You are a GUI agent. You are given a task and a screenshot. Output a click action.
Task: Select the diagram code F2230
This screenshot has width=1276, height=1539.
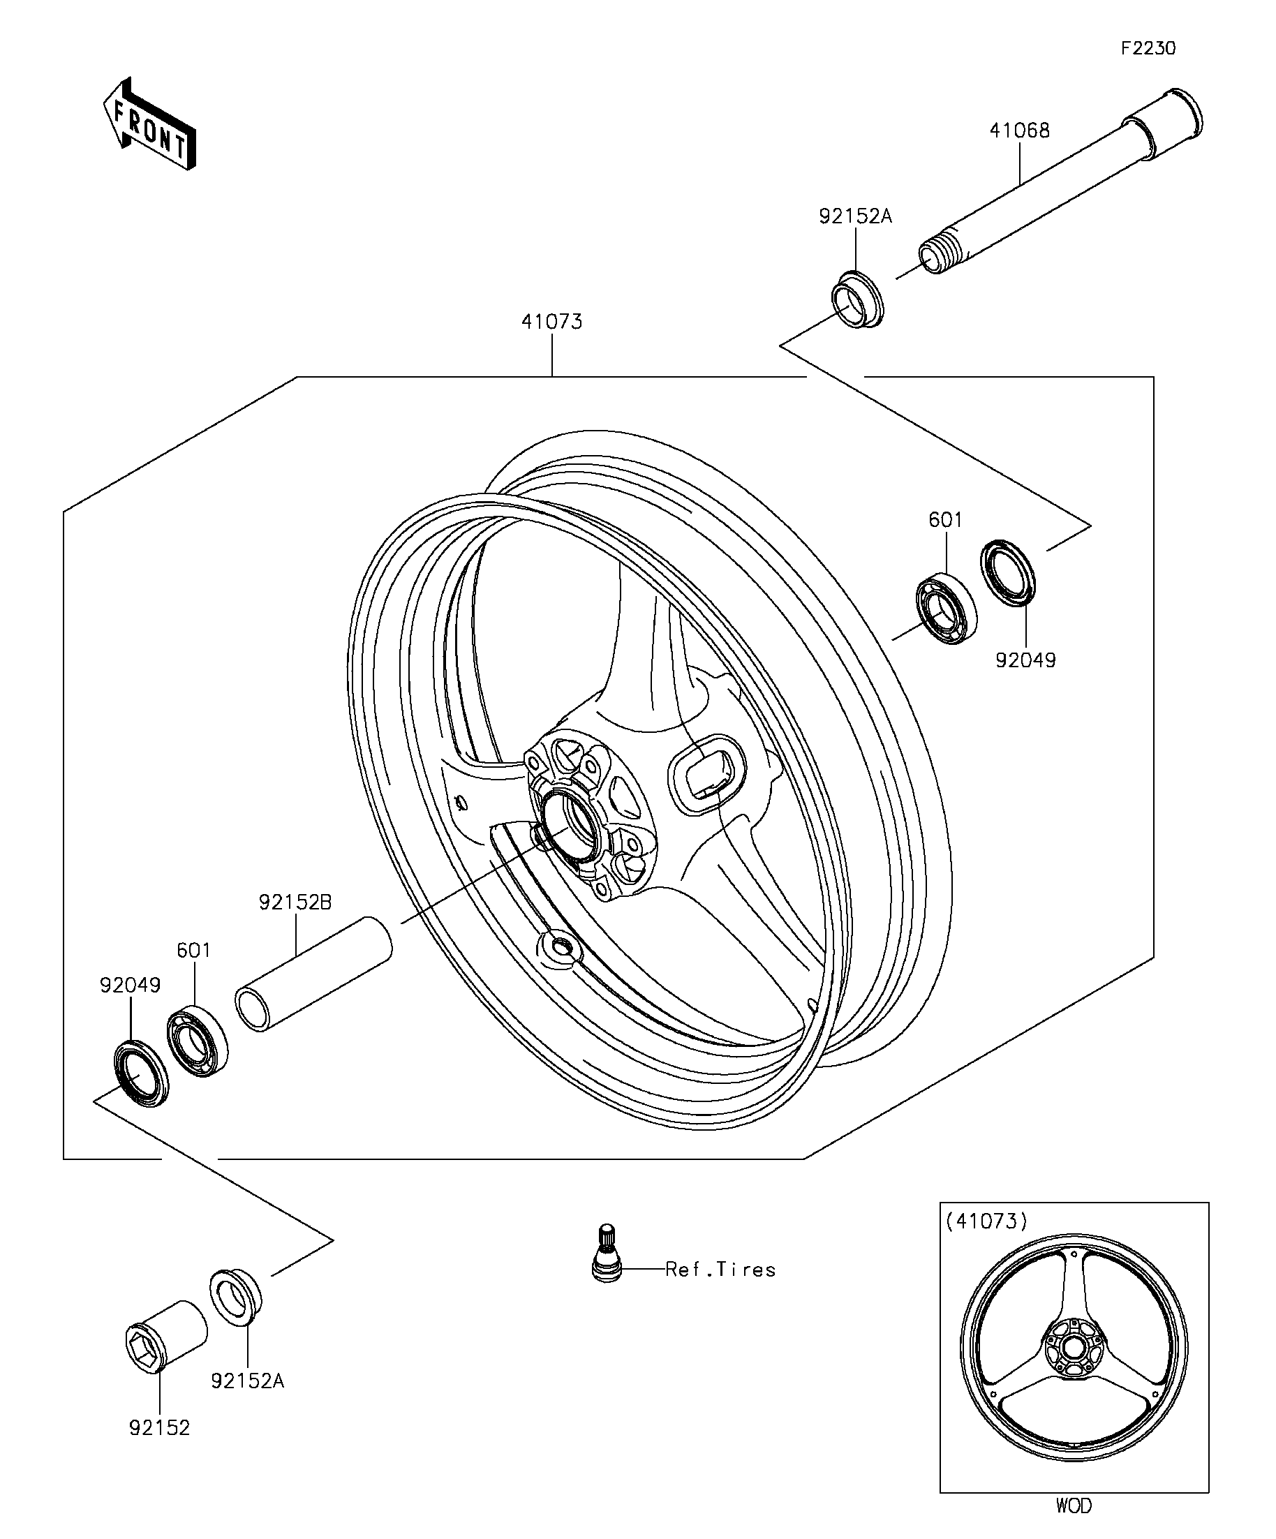click(x=1148, y=48)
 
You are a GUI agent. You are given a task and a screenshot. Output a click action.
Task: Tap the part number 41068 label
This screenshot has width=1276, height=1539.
click(x=1020, y=131)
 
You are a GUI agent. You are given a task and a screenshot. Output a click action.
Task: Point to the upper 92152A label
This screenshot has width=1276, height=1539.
click(x=855, y=216)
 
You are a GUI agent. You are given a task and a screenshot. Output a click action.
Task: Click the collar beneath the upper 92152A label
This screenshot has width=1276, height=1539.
click(x=857, y=299)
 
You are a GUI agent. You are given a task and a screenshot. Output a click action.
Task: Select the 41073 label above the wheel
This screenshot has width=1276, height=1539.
click(x=552, y=322)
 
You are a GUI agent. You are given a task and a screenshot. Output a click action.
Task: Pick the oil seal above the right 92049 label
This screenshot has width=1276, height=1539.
click(x=1009, y=572)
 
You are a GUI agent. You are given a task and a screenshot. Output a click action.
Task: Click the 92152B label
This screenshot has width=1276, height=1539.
click(x=295, y=902)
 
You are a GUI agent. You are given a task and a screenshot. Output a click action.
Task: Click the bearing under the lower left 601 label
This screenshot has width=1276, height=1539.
click(x=195, y=1040)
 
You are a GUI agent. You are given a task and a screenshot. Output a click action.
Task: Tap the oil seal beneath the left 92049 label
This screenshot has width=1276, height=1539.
click(x=141, y=1073)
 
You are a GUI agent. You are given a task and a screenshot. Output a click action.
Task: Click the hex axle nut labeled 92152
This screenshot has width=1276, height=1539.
click(x=165, y=1335)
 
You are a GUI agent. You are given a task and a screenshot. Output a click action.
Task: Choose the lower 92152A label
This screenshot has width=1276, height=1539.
click(x=248, y=1381)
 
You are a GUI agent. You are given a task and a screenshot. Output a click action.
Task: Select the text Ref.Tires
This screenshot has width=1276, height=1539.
click(x=720, y=1270)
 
